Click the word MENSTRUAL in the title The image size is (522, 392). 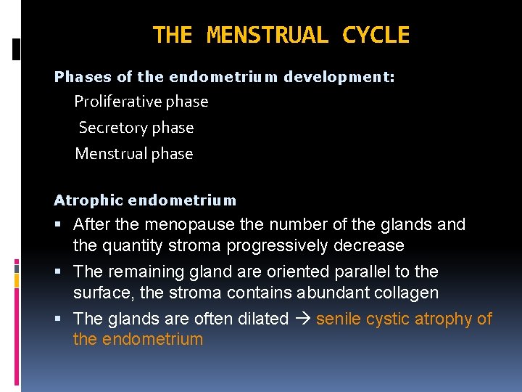[267, 35]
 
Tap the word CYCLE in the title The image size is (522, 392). [376, 35]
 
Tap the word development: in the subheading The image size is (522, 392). [339, 77]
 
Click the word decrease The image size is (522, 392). [368, 246]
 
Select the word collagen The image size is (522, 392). [403, 293]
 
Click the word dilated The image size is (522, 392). [261, 319]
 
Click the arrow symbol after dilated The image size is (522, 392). [302, 319]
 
